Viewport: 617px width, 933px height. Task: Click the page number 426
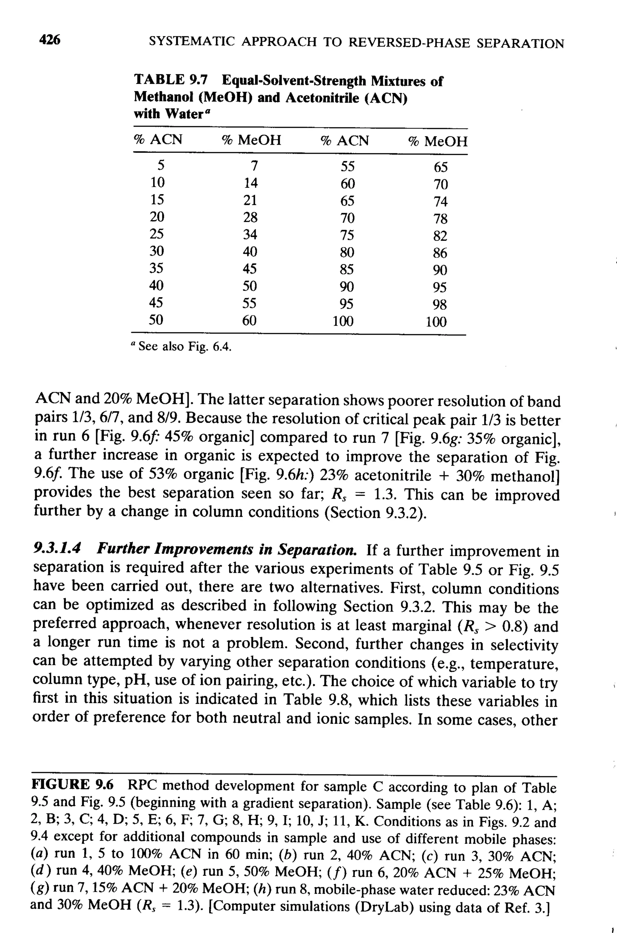[50, 40]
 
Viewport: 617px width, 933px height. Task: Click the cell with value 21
[249, 200]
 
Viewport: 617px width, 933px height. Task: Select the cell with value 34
[249, 234]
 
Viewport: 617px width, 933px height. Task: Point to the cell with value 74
[440, 202]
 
